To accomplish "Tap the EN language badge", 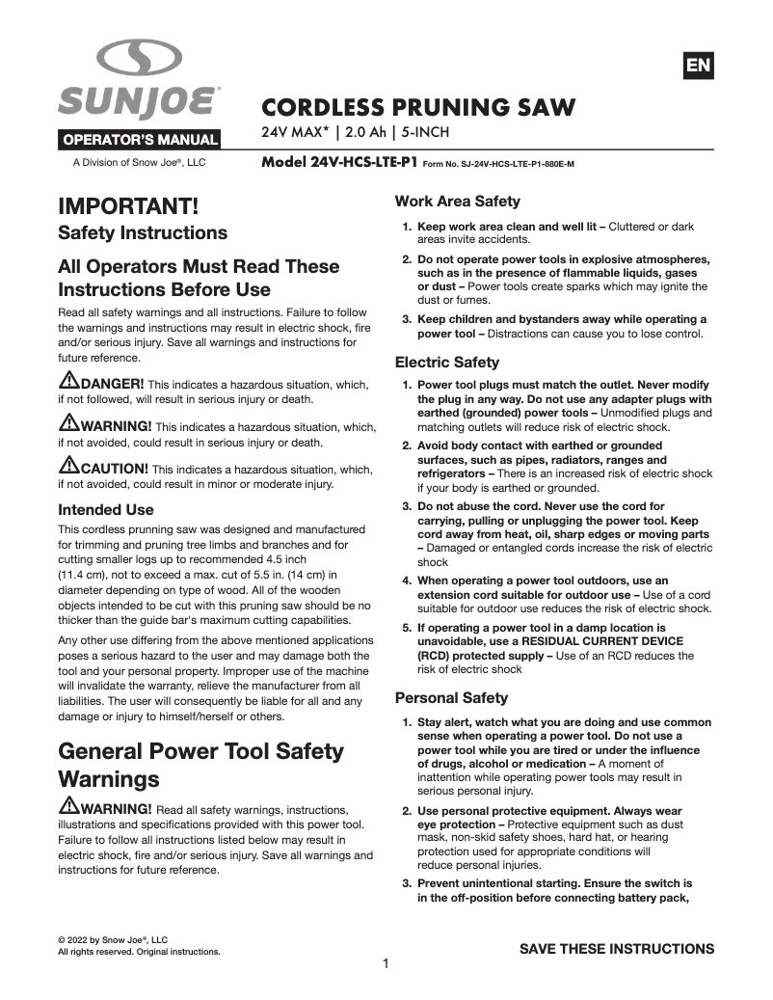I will (698, 66).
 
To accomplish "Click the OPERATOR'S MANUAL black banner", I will (141, 139).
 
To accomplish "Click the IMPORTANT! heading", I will (129, 206).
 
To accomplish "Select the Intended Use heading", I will (106, 509).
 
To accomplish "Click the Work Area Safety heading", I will (458, 202).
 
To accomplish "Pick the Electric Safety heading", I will (447, 363).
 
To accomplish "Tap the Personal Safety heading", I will (450, 697).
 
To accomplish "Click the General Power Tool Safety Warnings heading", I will (200, 764).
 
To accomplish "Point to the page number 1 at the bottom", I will (386, 963).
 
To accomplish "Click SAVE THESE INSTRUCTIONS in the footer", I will (617, 949).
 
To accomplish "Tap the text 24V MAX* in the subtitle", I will (294, 132).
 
